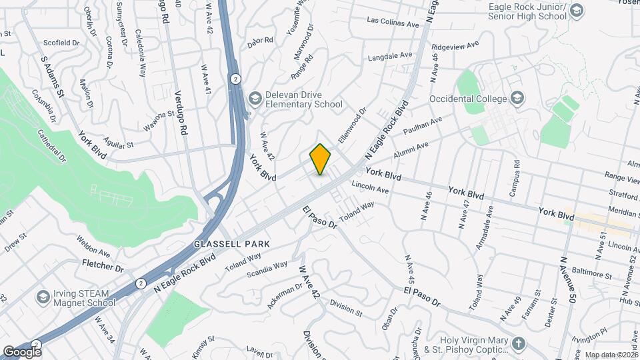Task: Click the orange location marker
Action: [321, 159]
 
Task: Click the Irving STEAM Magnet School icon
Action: [43, 296]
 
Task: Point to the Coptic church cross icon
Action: [519, 344]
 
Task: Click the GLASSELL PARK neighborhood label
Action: [232, 244]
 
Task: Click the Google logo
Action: [22, 351]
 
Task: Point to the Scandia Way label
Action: [267, 268]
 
